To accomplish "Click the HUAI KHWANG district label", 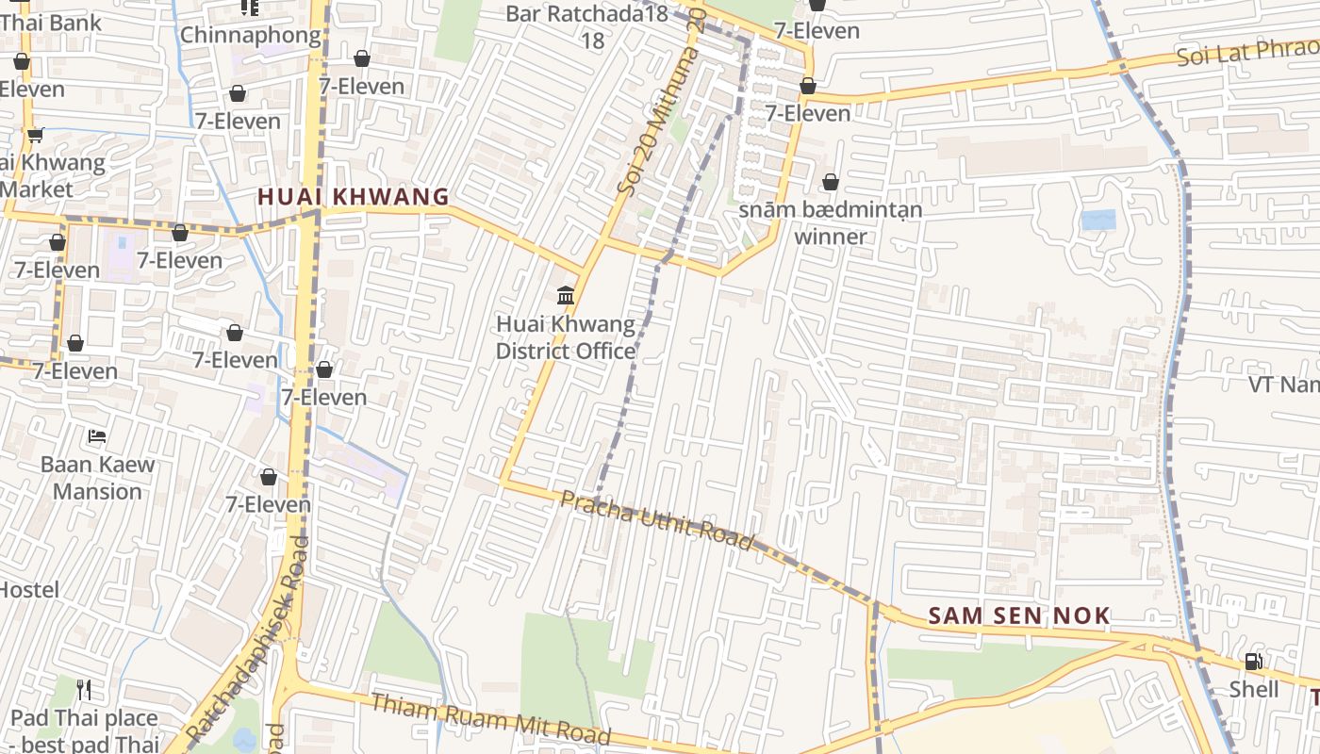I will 354,196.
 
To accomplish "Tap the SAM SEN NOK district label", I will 1018,616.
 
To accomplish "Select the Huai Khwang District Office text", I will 566,337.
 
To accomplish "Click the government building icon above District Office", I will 566,296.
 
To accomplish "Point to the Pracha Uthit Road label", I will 657,519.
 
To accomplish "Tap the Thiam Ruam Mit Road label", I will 490,719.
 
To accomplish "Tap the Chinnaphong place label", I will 250,35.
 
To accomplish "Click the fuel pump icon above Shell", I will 1253,662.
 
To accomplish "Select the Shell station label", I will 1253,690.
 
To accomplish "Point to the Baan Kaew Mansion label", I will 97,478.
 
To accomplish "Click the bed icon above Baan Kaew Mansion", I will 97,436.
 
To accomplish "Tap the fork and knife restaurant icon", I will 84,690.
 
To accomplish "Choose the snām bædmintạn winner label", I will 830,222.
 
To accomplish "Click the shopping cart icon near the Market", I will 35,135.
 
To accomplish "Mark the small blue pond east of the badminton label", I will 1098,221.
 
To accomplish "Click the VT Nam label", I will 1283,385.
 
